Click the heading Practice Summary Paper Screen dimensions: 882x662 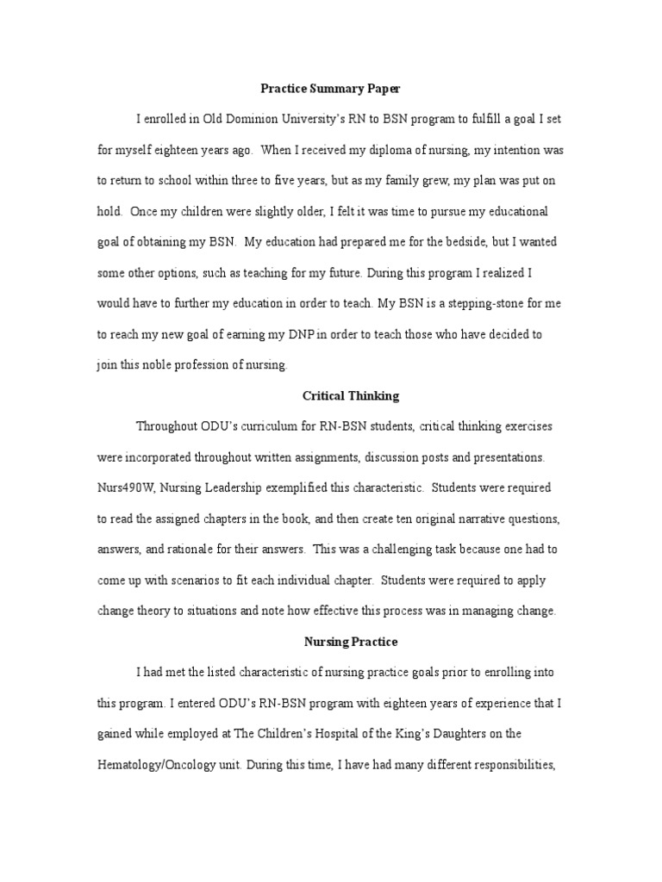(x=331, y=89)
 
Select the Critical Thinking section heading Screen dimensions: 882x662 (x=351, y=396)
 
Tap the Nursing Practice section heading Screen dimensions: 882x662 (x=351, y=642)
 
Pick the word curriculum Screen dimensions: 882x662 (x=280, y=427)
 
